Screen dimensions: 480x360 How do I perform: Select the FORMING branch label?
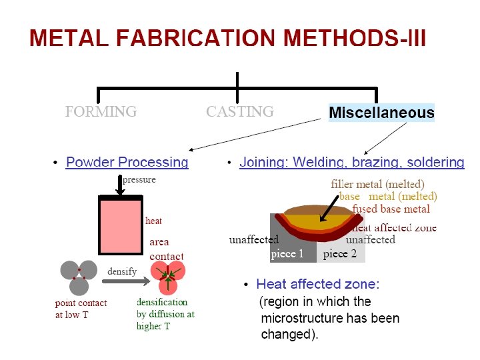point(101,111)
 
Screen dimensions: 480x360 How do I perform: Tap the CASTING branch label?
point(239,111)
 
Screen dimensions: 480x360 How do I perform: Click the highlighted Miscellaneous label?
point(381,113)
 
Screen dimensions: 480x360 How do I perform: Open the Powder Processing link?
point(127,162)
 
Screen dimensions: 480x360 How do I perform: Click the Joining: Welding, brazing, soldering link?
point(351,162)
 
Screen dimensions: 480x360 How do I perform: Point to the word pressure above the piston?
point(139,179)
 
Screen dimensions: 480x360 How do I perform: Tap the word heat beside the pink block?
point(153,221)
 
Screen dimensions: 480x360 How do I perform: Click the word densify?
point(122,271)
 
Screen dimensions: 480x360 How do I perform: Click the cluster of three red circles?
point(167,276)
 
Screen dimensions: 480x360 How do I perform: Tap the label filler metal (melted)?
point(377,183)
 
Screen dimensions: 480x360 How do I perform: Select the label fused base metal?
point(391,209)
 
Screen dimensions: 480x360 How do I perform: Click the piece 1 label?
point(287,254)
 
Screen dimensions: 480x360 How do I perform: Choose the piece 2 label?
point(339,254)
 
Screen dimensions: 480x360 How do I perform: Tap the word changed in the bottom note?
point(287,335)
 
